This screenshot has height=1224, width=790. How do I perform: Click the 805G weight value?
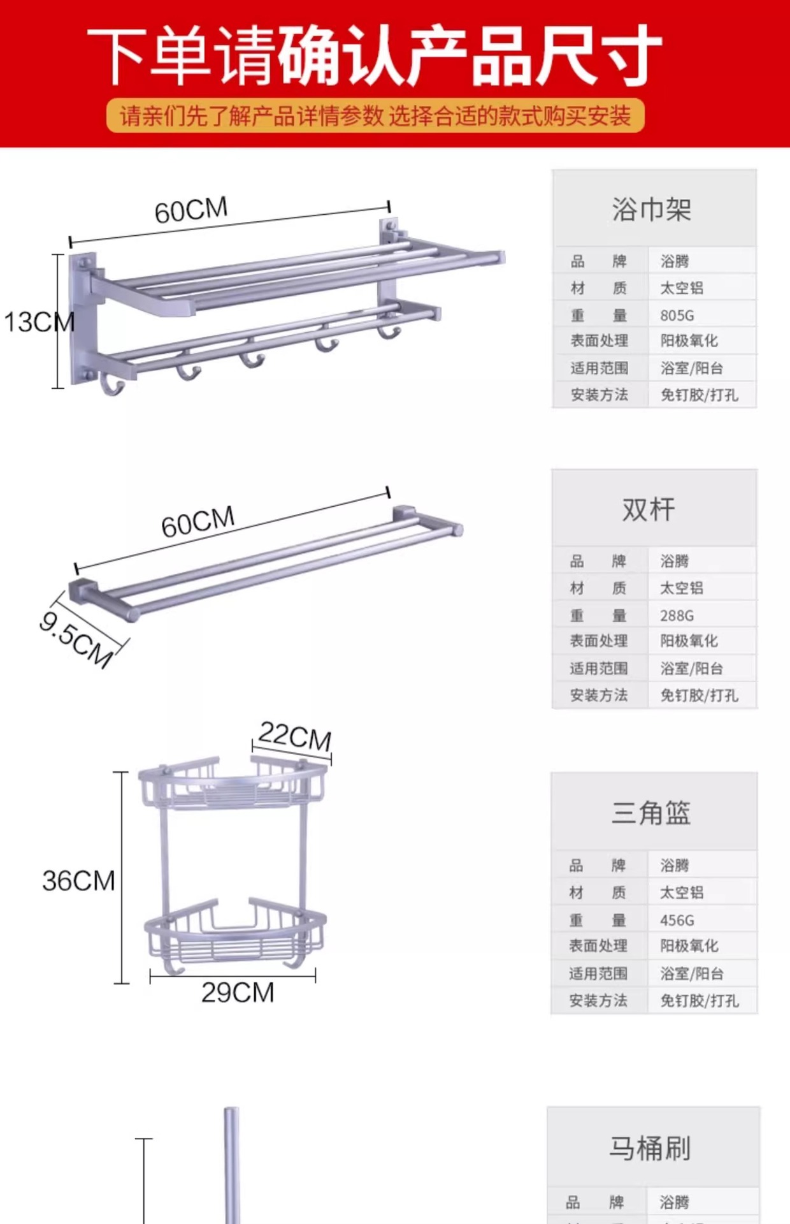pyautogui.click(x=677, y=316)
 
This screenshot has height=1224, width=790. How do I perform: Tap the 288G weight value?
pyautogui.click(x=677, y=616)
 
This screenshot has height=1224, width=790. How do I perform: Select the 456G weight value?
pyautogui.click(x=677, y=921)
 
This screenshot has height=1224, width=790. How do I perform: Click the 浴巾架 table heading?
pyautogui.click(x=652, y=209)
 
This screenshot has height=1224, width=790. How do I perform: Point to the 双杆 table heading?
pyautogui.click(x=649, y=509)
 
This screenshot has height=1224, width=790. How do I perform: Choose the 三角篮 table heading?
pyautogui.click(x=651, y=813)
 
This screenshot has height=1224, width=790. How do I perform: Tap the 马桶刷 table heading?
pyautogui.click(x=650, y=1148)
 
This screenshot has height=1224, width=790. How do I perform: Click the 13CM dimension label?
pyautogui.click(x=39, y=322)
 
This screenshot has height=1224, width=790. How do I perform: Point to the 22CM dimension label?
pyautogui.click(x=295, y=736)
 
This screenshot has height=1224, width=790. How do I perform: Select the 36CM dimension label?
pyautogui.click(x=78, y=881)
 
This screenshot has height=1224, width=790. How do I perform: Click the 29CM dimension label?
pyautogui.click(x=238, y=993)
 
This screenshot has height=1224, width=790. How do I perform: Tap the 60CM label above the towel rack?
pyautogui.click(x=190, y=210)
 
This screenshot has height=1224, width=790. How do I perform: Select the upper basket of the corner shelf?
pyautogui.click(x=233, y=783)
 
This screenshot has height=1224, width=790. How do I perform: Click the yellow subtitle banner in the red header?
pyautogui.click(x=375, y=116)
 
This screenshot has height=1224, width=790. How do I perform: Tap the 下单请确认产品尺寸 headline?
pyautogui.click(x=375, y=56)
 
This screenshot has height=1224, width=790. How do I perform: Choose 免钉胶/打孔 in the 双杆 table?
pyautogui.click(x=699, y=696)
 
